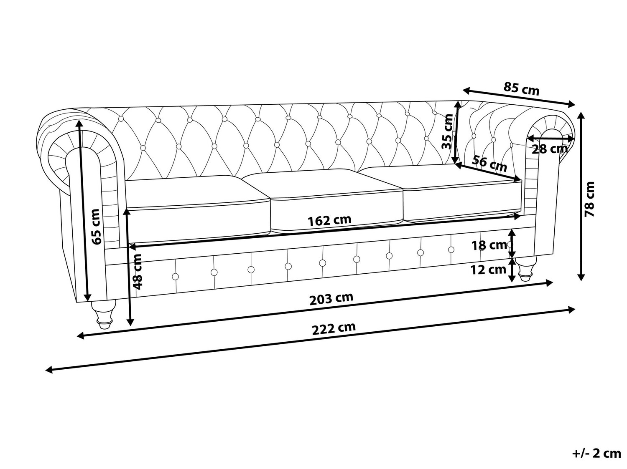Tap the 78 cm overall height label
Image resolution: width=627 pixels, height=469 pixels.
pyautogui.click(x=589, y=199)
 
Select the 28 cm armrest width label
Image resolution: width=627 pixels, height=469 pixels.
pyautogui.click(x=550, y=149)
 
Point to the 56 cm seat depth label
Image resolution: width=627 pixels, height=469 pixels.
pyautogui.click(x=489, y=164)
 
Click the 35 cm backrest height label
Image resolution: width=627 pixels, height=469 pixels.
pyautogui.click(x=447, y=131)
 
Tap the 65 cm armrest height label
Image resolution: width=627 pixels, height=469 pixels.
pyautogui.click(x=97, y=227)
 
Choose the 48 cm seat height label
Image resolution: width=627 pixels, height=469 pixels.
pyautogui.click(x=138, y=271)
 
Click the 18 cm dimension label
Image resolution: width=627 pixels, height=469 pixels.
pyautogui.click(x=489, y=245)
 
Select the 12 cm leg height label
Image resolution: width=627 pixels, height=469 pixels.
pyautogui.click(x=488, y=270)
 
